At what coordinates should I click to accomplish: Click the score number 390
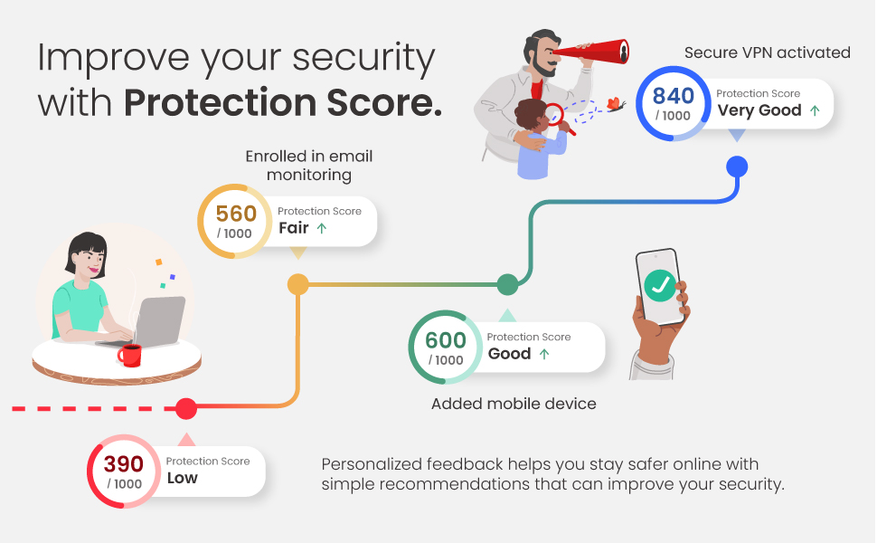pyautogui.click(x=123, y=464)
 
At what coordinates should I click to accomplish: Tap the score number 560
pyautogui.click(x=236, y=214)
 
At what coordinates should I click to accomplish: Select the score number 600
pyautogui.click(x=446, y=340)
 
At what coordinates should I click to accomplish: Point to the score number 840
pyautogui.click(x=673, y=96)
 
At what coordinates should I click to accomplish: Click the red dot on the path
pyautogui.click(x=186, y=409)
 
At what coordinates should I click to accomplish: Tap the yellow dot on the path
pyautogui.click(x=297, y=285)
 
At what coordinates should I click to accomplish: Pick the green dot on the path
pyautogui.click(x=507, y=284)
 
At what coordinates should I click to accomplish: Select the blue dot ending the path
pyautogui.click(x=737, y=167)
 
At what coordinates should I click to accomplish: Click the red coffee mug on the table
pyautogui.click(x=130, y=355)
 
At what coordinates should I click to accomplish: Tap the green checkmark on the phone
pyautogui.click(x=661, y=286)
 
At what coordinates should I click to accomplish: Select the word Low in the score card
pyautogui.click(x=182, y=478)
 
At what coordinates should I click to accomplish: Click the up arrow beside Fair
pyautogui.click(x=322, y=228)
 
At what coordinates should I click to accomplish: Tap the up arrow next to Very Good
pyautogui.click(x=815, y=110)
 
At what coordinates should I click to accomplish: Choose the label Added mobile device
pyautogui.click(x=514, y=404)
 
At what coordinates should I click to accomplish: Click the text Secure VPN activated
pyautogui.click(x=767, y=52)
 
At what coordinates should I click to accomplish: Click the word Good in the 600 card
pyautogui.click(x=509, y=354)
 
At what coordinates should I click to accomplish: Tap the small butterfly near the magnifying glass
pyautogui.click(x=616, y=105)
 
